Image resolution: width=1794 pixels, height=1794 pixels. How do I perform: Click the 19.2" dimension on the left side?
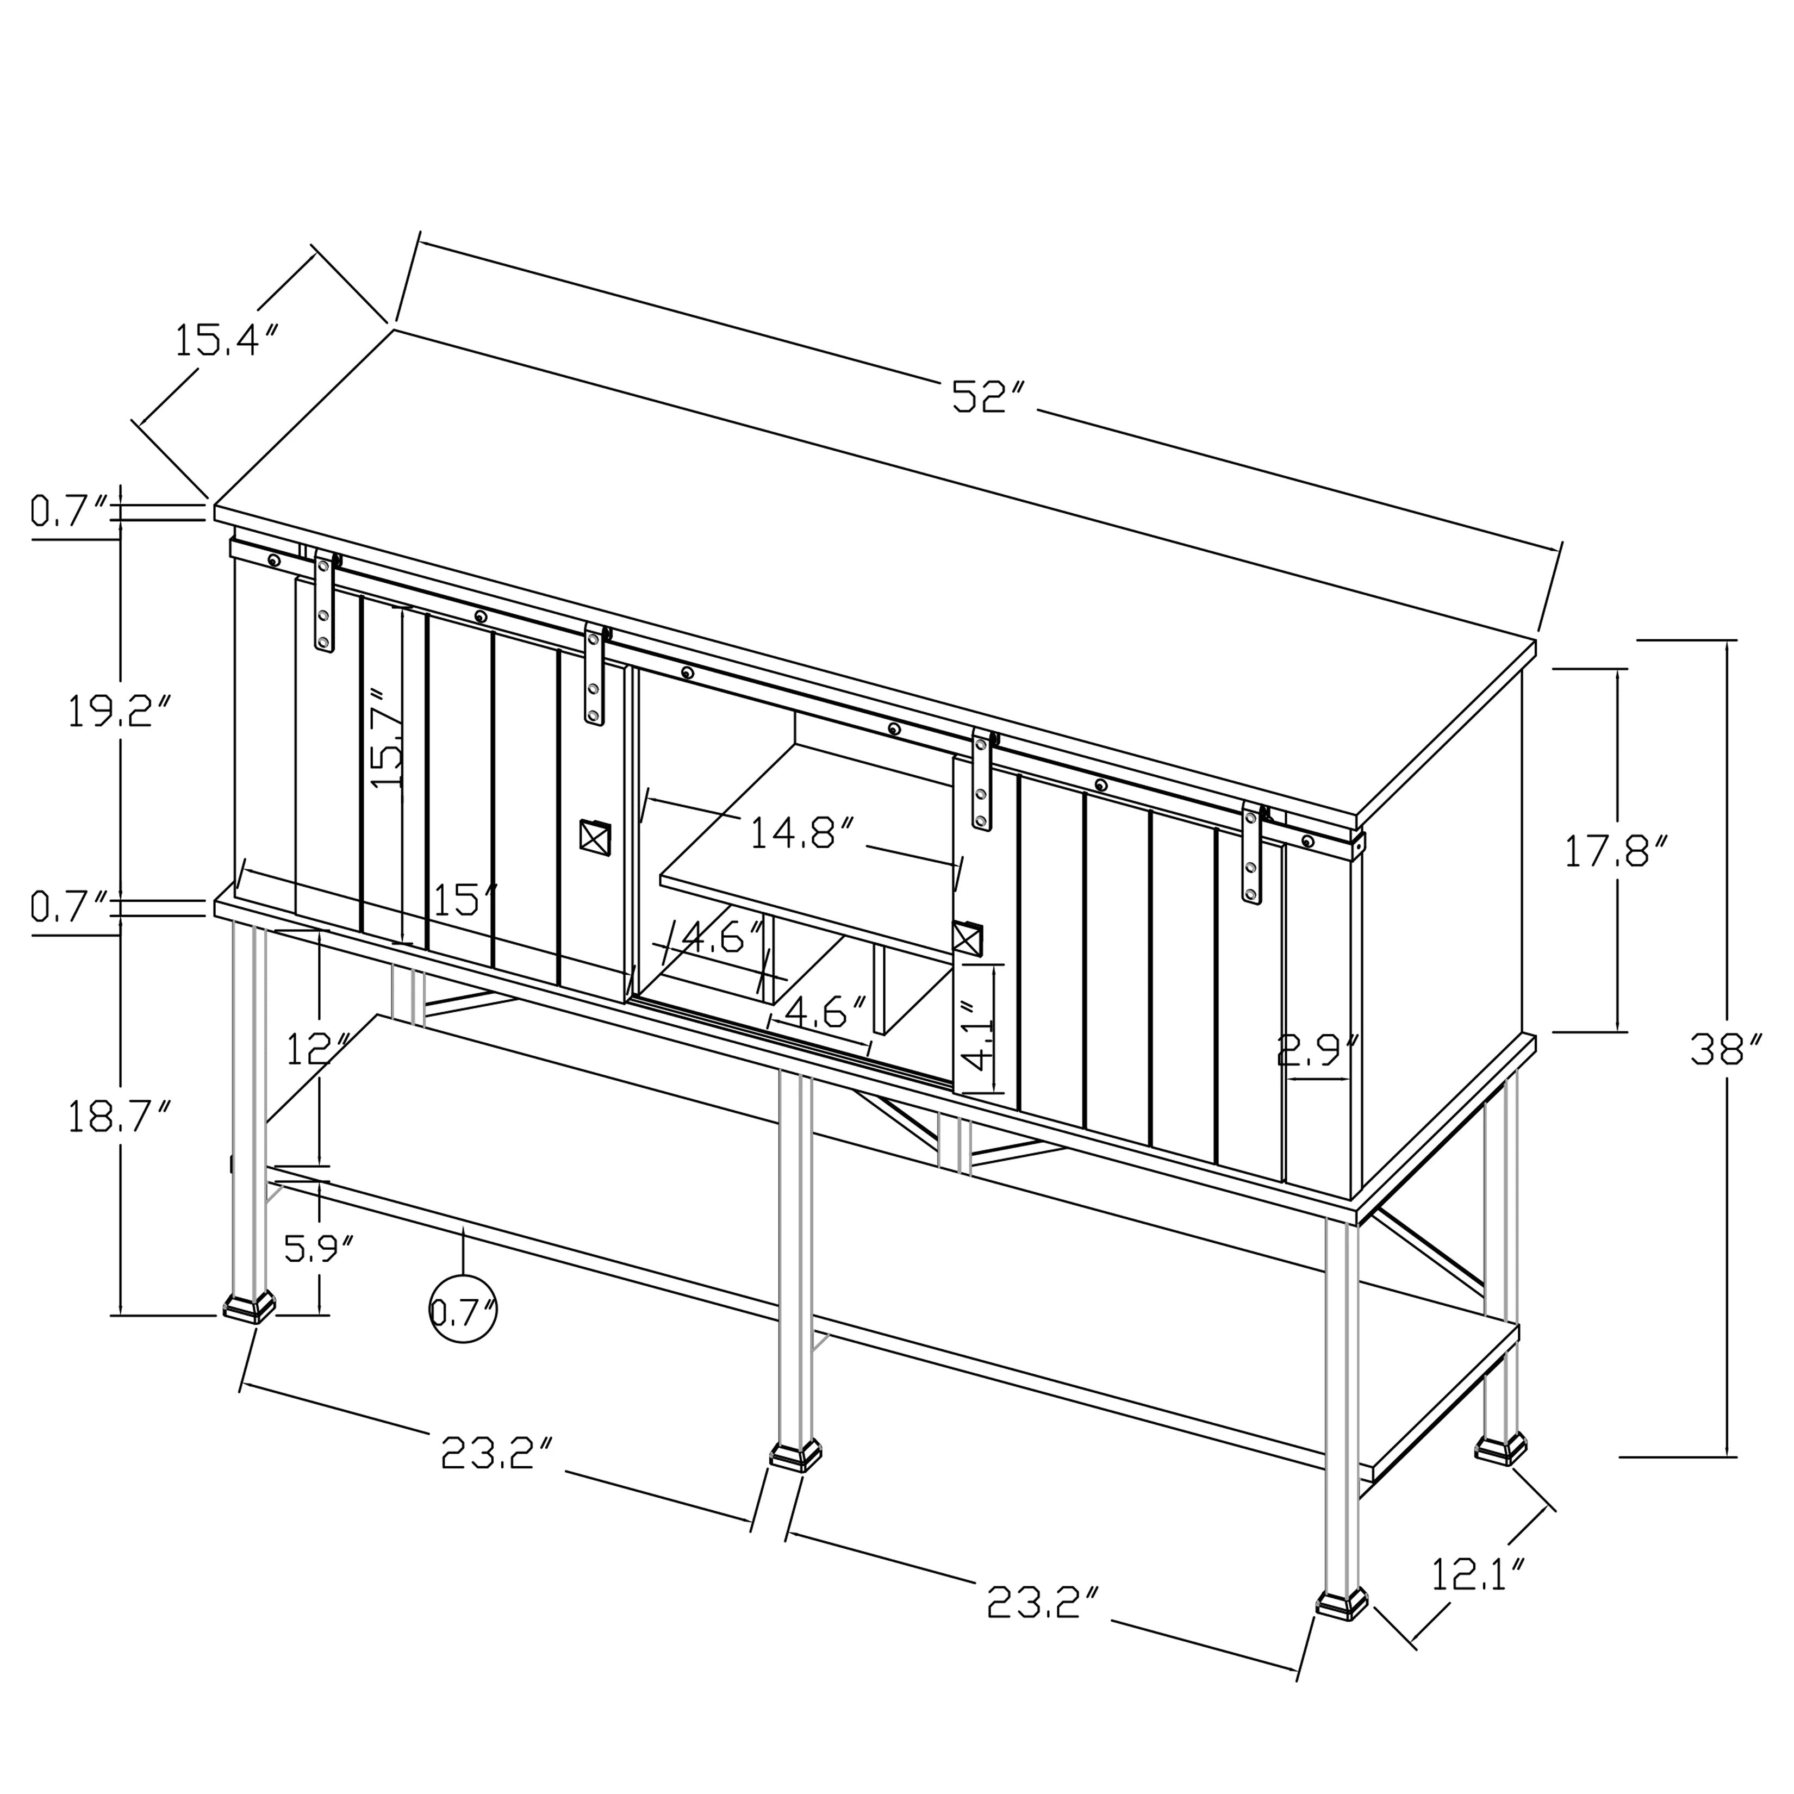[x=120, y=711]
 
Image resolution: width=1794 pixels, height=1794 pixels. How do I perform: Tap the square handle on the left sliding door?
[x=594, y=836]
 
